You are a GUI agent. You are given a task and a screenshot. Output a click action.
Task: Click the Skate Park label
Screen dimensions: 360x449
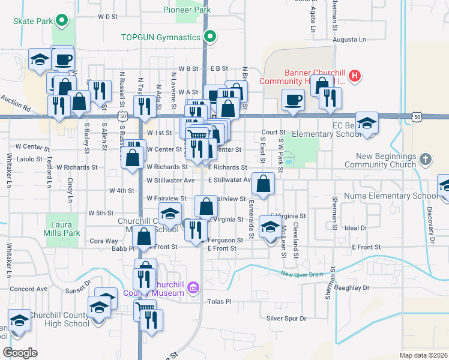(x=34, y=21)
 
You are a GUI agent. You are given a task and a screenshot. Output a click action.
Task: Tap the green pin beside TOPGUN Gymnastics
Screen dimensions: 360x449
(x=210, y=37)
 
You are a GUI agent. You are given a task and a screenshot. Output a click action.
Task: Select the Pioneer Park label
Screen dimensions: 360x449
(x=187, y=10)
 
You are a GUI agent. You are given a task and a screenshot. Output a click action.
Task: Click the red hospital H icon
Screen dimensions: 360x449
(x=355, y=76)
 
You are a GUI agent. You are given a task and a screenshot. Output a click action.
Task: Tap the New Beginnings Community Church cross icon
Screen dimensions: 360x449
(x=426, y=160)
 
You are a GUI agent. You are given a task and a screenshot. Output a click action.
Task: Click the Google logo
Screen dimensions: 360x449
(x=20, y=353)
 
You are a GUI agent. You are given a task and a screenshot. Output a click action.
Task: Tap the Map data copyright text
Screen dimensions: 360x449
(x=423, y=355)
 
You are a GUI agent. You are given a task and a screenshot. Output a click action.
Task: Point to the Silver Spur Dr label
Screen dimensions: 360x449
(x=286, y=319)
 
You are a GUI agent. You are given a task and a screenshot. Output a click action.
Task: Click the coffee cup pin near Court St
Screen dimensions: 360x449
(x=293, y=100)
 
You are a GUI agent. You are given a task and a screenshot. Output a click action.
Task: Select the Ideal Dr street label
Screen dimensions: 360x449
(x=356, y=228)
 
